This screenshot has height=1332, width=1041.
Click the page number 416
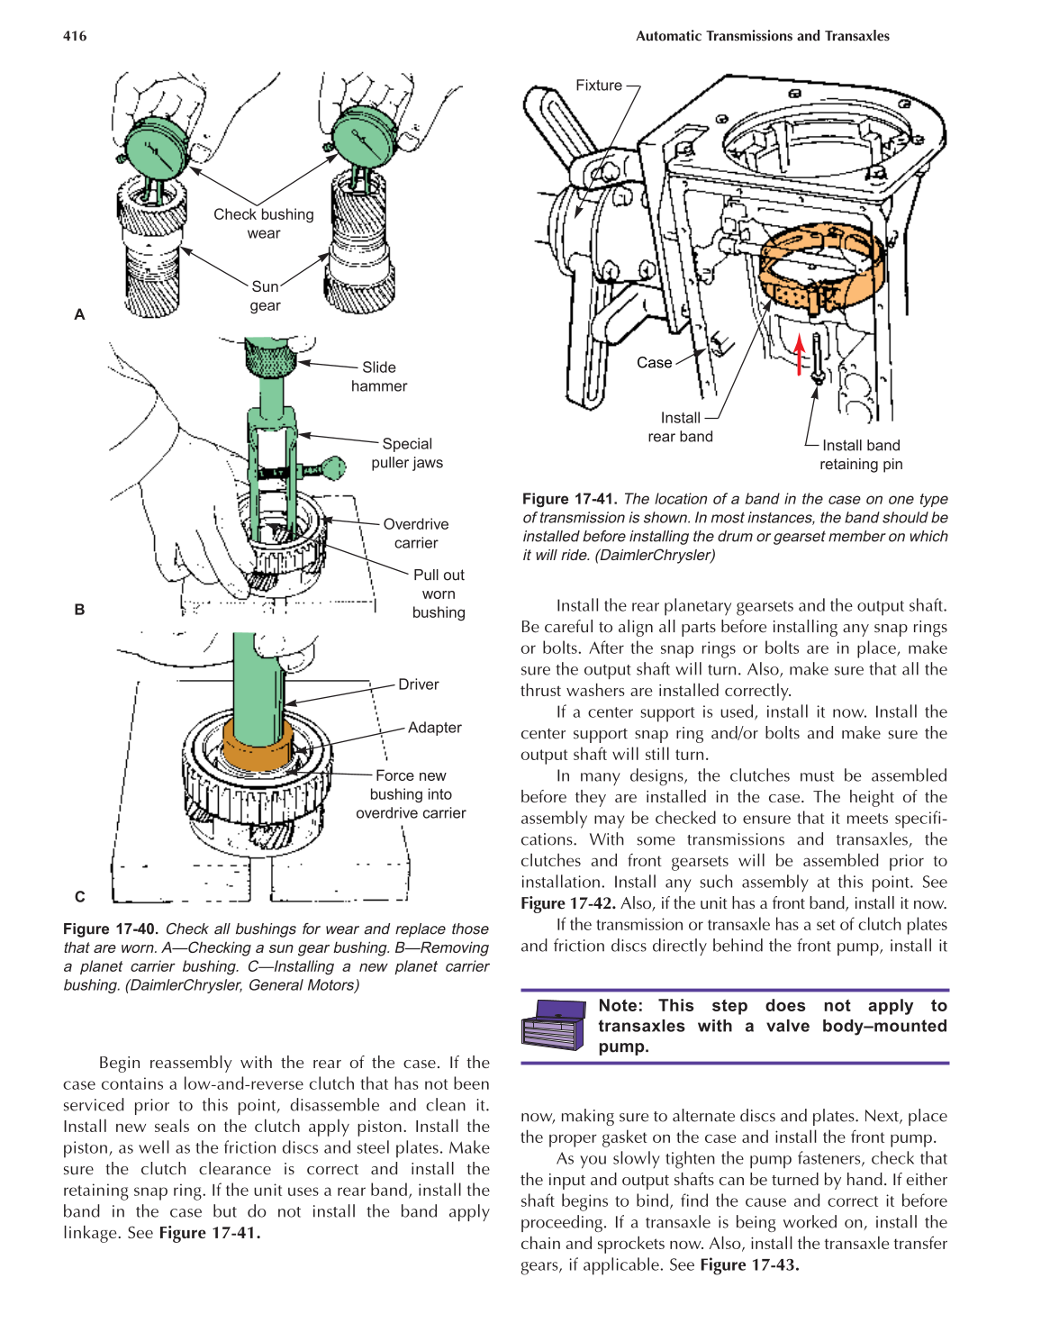[75, 36]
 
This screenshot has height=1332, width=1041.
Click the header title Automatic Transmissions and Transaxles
[762, 36]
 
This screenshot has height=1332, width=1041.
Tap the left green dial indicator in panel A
[156, 150]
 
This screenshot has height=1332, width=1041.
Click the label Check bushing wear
[264, 223]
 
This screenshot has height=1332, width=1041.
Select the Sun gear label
[265, 295]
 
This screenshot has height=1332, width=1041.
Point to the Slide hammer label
[378, 376]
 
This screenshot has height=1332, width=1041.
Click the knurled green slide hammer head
[270, 360]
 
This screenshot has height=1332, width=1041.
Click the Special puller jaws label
[407, 453]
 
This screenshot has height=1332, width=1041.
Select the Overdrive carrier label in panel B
[415, 533]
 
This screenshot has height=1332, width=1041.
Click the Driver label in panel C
[418, 684]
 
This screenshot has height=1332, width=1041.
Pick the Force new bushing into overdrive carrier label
[411, 794]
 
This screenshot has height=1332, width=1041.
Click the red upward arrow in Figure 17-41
[799, 354]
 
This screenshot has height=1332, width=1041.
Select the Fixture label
[598, 86]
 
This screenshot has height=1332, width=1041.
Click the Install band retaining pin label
[860, 455]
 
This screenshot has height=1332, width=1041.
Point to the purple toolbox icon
[553, 1024]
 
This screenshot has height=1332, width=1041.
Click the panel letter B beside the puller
[79, 610]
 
